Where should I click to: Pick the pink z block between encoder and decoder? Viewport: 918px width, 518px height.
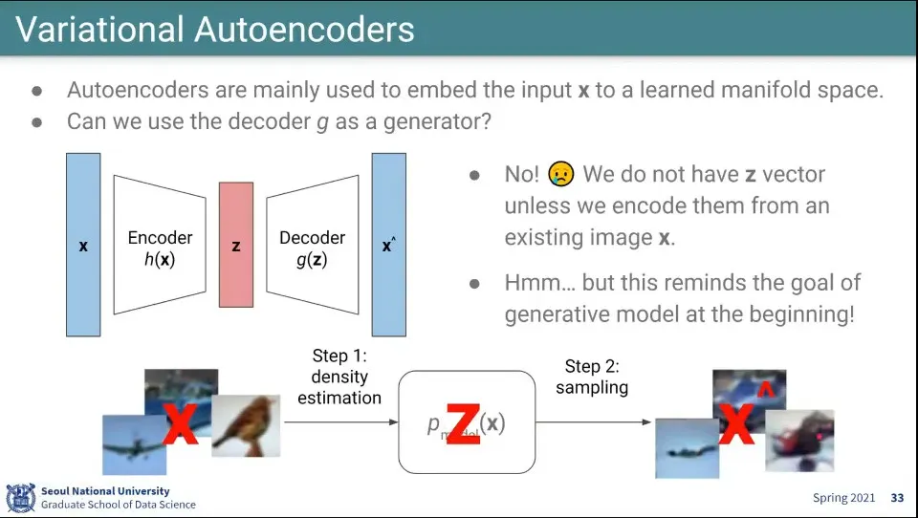click(236, 245)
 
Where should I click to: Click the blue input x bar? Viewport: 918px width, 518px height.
click(83, 245)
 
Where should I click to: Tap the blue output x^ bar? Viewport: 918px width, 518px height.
click(388, 245)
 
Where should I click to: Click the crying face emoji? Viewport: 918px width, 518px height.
click(561, 174)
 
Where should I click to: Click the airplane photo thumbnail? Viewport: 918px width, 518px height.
click(134, 443)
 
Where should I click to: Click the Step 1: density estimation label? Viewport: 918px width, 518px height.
click(339, 377)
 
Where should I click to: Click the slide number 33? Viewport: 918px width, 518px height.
click(897, 498)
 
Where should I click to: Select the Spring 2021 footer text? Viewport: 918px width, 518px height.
click(844, 498)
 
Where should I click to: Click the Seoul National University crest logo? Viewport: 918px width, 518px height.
click(20, 497)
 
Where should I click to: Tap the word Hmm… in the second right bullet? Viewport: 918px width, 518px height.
click(535, 283)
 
